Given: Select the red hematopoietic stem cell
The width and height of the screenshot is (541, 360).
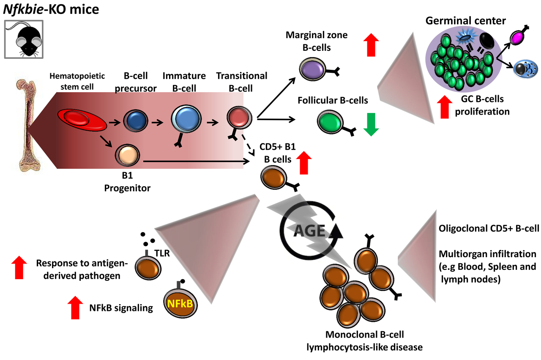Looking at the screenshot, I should (x=82, y=119).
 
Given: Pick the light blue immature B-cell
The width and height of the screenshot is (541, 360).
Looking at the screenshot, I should (x=184, y=120).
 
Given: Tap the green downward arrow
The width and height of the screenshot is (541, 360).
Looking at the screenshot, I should (x=371, y=124).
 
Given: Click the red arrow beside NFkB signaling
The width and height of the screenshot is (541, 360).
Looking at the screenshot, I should (x=75, y=307).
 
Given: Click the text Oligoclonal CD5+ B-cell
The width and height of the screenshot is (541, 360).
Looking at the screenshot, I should (x=489, y=229).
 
